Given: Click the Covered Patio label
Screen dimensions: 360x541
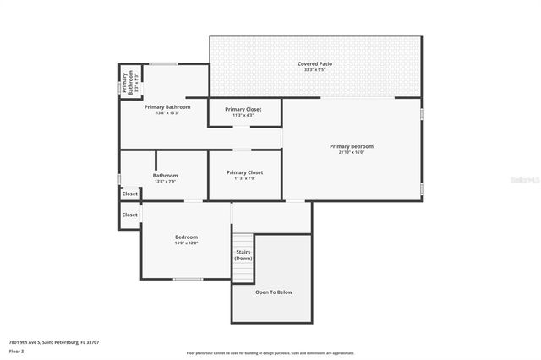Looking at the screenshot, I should coord(314,64).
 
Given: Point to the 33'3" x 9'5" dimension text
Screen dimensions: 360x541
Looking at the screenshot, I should coord(314,70).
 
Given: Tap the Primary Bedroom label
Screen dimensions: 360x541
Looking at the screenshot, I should coord(351,146).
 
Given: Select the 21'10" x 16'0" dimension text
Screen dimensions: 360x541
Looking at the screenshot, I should coord(351,152).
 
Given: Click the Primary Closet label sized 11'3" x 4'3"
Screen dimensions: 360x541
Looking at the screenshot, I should coord(243,109).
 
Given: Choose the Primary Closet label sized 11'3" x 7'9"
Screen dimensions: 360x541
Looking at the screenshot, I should coord(244,172).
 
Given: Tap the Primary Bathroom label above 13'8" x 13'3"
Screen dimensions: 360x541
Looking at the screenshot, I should coord(167,107).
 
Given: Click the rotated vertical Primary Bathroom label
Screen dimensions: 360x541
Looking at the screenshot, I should coord(124,83).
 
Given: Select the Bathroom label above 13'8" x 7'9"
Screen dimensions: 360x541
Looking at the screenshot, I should coord(165,176).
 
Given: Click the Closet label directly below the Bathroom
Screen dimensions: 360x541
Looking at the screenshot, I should coord(129,194).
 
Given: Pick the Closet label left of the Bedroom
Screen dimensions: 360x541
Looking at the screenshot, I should coord(129,215).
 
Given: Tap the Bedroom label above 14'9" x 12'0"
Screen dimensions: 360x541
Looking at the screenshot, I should coord(186,237).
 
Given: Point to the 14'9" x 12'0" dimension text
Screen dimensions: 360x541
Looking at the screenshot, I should coord(186,243).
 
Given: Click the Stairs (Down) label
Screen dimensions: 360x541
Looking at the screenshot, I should coord(243,254).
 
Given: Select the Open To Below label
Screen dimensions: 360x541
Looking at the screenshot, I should coord(273,292).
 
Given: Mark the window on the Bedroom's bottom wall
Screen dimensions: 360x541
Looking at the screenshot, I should coord(187,279).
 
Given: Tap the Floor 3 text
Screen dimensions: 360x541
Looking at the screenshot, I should coord(17,351).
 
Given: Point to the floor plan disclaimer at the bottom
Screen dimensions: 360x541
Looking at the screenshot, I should coord(270,352).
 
